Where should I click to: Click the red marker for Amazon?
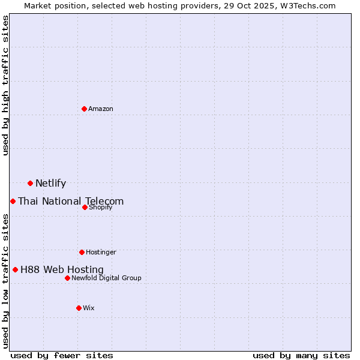point(85,109)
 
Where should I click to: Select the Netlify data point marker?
point(30,183)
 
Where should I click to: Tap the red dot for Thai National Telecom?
point(13,201)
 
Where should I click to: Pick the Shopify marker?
point(85,207)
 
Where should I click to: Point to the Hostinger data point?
point(82,252)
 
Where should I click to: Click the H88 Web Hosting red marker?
point(16,269)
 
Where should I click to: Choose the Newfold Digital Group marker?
point(68,278)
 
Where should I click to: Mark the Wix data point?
point(79,308)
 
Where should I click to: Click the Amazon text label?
point(101,109)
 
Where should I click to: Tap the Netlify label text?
point(50,184)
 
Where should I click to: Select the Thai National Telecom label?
point(71,202)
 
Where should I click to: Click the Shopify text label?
point(100,207)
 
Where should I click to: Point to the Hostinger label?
point(101,252)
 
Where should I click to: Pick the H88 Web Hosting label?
point(62,270)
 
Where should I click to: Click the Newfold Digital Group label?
point(106,278)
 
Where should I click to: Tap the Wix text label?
point(89,308)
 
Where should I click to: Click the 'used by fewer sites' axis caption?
point(62,355)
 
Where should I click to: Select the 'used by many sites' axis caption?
point(301,355)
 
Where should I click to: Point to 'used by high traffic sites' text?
point(6,85)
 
